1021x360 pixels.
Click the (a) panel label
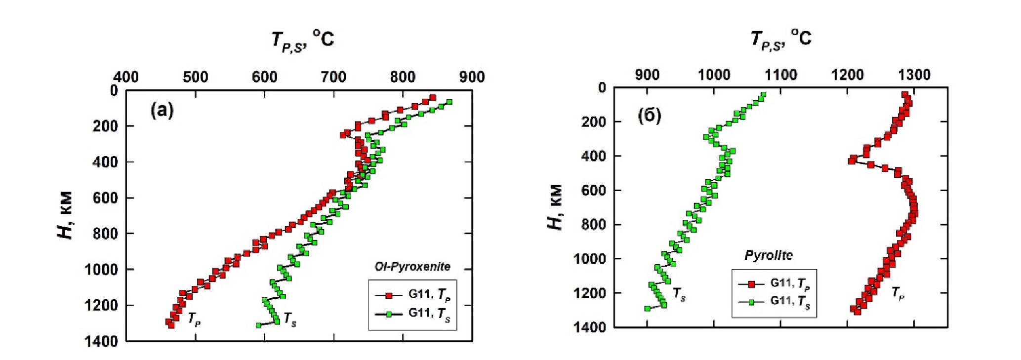tap(162, 110)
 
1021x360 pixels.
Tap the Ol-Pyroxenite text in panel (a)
tap(412, 267)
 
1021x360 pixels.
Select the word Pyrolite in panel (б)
tap(769, 255)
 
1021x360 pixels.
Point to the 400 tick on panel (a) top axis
tap(126, 77)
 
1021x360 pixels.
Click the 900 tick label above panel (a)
tap(472, 77)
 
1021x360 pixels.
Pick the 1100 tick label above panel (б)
tap(780, 75)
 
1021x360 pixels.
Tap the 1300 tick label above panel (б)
tap(914, 75)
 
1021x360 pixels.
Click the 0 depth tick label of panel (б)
tap(602, 88)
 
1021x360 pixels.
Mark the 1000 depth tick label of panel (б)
tap(590, 259)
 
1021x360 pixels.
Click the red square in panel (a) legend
tap(389, 295)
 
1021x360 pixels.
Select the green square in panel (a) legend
tap(389, 314)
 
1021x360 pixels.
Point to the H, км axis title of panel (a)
tap(66, 215)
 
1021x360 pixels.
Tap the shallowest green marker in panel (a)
tap(449, 102)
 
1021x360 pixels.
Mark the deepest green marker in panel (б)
tap(647, 309)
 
